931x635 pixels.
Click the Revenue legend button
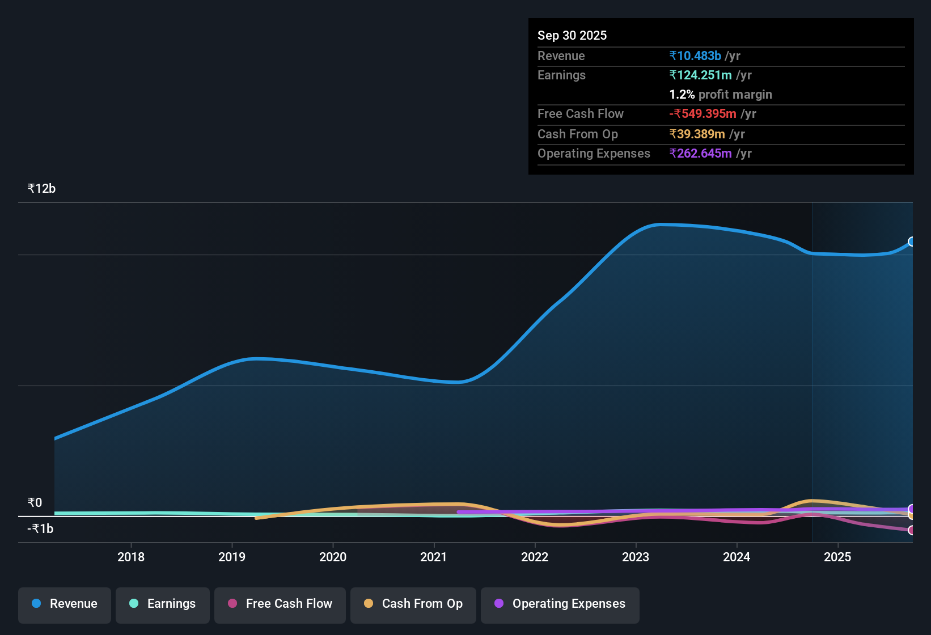[x=65, y=604]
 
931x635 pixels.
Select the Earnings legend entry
[x=163, y=604]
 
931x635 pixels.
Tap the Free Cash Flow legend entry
[x=280, y=604]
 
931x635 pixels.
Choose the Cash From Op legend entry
[x=413, y=604]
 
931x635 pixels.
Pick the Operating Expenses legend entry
[x=560, y=604]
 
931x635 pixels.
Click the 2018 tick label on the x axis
[x=131, y=557]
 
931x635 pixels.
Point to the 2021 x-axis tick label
[x=434, y=557]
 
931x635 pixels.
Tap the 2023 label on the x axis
[x=636, y=557]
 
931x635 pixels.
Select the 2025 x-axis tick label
[x=837, y=557]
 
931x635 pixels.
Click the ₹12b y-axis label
[x=41, y=189]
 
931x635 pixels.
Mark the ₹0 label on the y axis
[x=35, y=503]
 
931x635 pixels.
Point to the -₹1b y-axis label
[x=40, y=529]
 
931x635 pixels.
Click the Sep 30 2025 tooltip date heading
[x=572, y=36]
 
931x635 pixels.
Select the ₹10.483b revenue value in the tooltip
[x=695, y=56]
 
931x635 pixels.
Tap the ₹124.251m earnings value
[x=701, y=75]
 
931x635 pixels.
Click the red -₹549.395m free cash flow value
[x=703, y=114]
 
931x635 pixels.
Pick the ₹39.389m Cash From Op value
[x=697, y=134]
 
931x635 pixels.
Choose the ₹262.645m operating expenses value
[x=701, y=154]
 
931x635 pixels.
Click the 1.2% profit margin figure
[x=682, y=95]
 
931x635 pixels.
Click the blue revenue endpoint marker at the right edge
[x=912, y=242]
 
